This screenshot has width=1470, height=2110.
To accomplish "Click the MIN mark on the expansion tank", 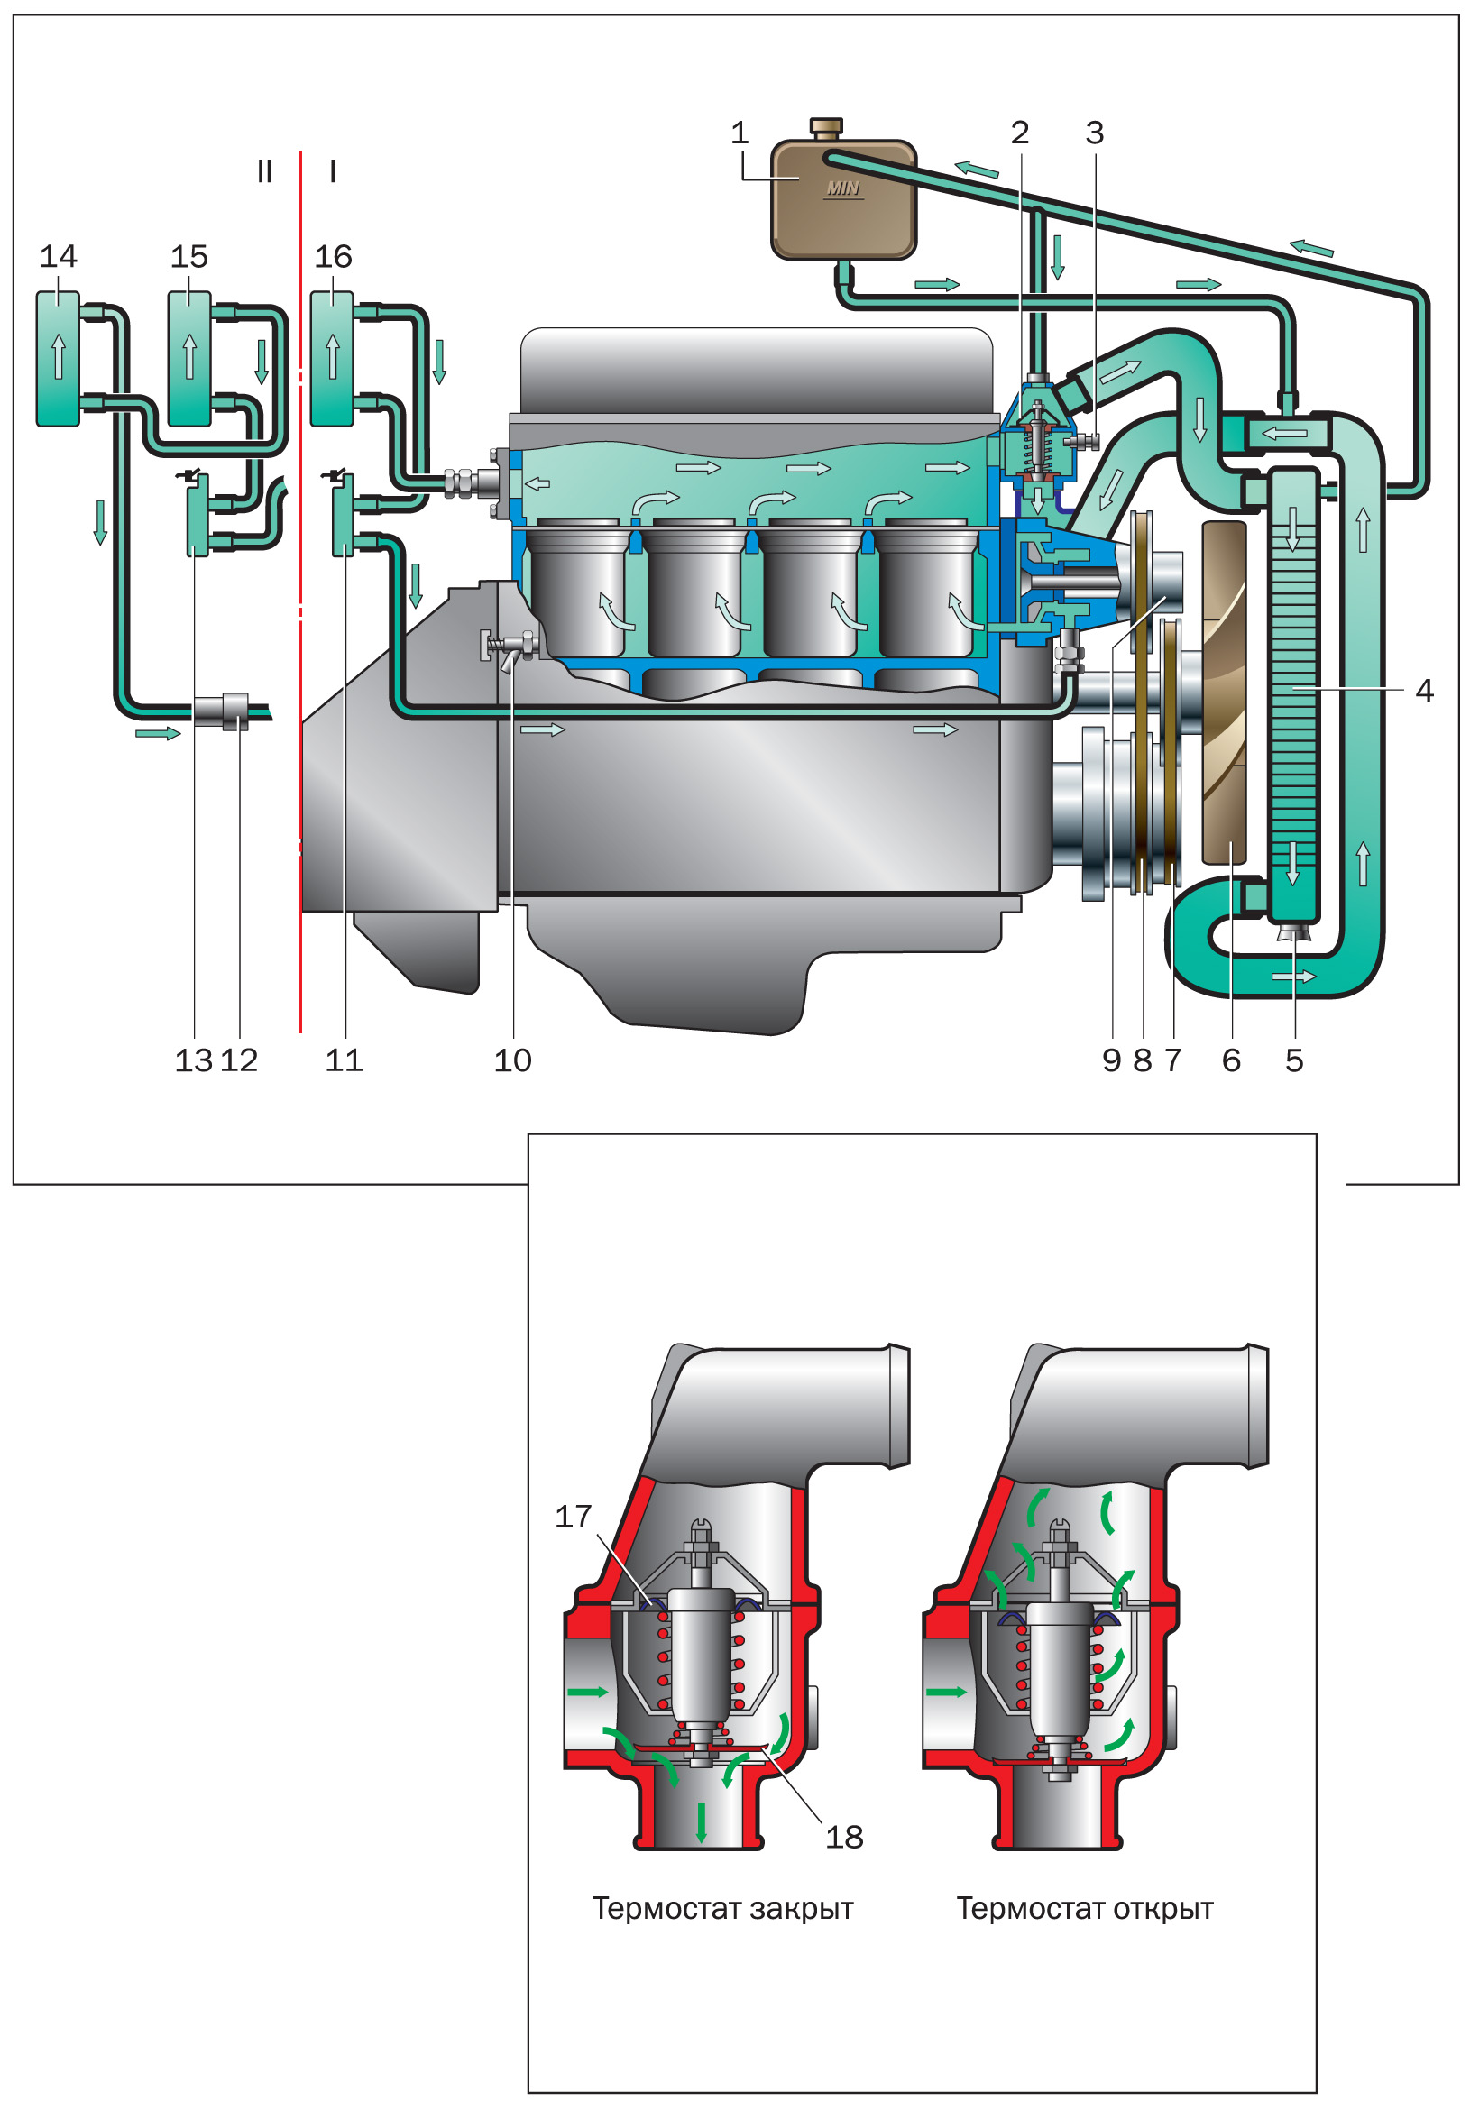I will point(842,188).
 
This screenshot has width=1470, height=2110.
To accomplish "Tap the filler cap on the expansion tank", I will point(825,126).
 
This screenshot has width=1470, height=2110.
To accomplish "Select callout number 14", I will point(58,256).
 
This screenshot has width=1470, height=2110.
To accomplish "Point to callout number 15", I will point(189,256).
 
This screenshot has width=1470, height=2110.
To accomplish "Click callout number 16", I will point(333,256).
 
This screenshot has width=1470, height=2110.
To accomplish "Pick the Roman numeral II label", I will point(265,172).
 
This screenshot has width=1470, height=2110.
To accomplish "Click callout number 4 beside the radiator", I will point(1424,690).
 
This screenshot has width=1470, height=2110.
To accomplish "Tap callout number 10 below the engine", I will point(512,1060).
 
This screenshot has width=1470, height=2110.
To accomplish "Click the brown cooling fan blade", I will point(1224,693).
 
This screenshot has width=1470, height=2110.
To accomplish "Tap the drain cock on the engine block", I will point(509,646).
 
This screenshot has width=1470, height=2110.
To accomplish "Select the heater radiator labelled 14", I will point(58,358).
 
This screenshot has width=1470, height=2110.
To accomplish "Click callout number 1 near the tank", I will point(740,133).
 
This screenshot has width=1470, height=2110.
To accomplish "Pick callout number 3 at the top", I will point(1094,133).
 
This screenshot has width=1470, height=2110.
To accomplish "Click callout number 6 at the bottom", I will point(1231,1060).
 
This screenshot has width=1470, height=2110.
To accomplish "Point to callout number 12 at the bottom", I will point(239,1060).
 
